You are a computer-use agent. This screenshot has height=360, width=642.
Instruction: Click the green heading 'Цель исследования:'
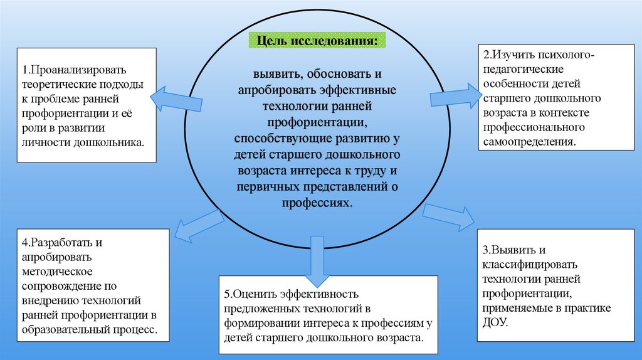coord(317,41)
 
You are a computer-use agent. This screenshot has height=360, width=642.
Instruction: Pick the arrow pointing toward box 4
coord(198,225)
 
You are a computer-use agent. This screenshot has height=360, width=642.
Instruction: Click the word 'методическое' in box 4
coord(57,271)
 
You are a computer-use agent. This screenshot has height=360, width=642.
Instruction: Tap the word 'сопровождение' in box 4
coord(61,285)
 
